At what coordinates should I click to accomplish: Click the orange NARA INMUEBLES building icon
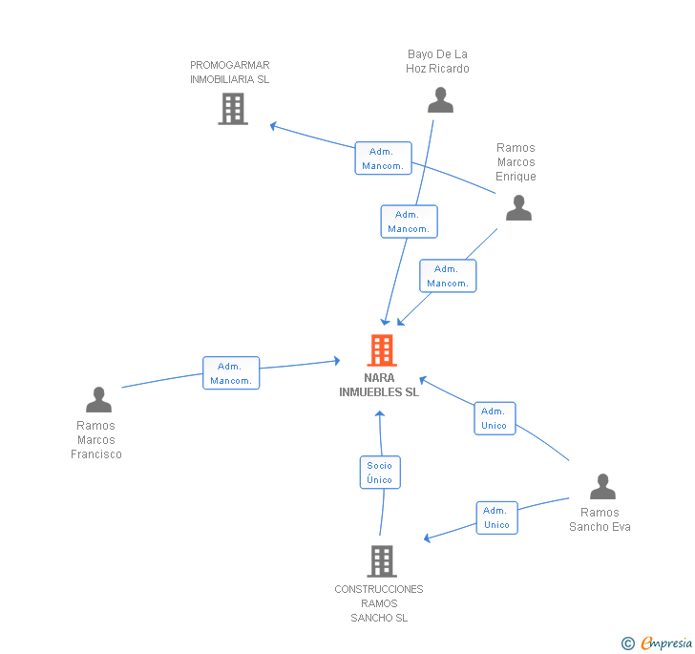pos(382,349)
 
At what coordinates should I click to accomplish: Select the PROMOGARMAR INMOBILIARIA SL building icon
pos(233,109)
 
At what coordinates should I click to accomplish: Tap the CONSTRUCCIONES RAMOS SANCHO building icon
pos(382,560)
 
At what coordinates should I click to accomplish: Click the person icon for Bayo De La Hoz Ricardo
pos(440,99)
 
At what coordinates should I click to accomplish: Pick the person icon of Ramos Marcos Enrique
pos(518,207)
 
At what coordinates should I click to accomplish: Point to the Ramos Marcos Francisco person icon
pos(98,399)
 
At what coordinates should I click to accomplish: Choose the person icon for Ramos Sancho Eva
pos(602,486)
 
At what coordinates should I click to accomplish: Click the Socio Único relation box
pos(380,473)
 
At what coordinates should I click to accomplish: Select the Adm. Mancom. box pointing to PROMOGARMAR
pos(383,158)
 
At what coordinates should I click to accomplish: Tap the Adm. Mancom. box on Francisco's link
pos(231,373)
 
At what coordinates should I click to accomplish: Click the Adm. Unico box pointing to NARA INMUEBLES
pos(495,418)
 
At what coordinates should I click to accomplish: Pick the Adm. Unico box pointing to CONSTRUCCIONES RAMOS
pos(496,517)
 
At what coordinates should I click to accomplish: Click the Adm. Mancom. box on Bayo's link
pos(410,222)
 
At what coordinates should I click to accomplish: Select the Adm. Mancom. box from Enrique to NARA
pos(448,276)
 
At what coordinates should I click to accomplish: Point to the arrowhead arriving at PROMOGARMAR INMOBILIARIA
pos(273,126)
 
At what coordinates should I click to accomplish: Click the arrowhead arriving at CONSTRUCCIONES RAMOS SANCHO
pos(428,538)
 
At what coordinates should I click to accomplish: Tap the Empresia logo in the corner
pos(657,643)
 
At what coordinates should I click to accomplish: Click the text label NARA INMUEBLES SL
pos(379,385)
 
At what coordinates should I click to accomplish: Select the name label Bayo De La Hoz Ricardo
pos(437,61)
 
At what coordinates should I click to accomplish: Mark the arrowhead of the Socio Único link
pos(379,414)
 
